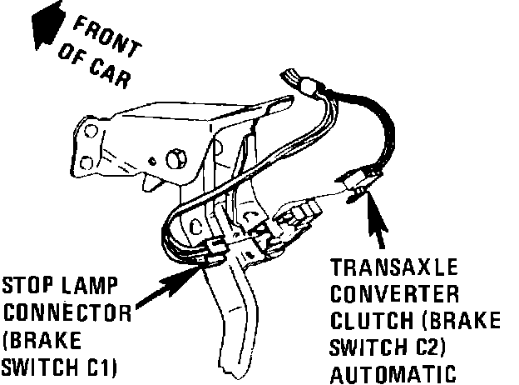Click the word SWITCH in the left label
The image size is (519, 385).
pyautogui.click(x=31, y=367)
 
